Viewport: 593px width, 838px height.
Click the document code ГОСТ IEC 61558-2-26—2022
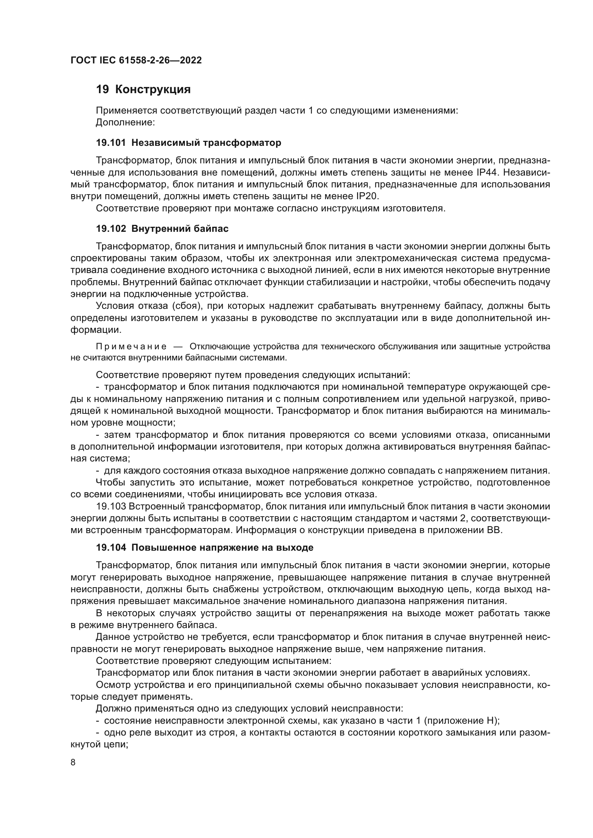136,60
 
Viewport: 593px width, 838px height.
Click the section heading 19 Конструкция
143,90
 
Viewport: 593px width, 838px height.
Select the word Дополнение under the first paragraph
125,123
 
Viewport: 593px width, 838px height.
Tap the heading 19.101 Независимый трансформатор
189,143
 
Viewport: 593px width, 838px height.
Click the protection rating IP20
367,196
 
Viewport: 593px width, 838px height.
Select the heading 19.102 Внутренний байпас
162,229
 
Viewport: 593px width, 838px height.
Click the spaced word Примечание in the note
131,346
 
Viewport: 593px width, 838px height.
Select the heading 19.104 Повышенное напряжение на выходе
204,548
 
